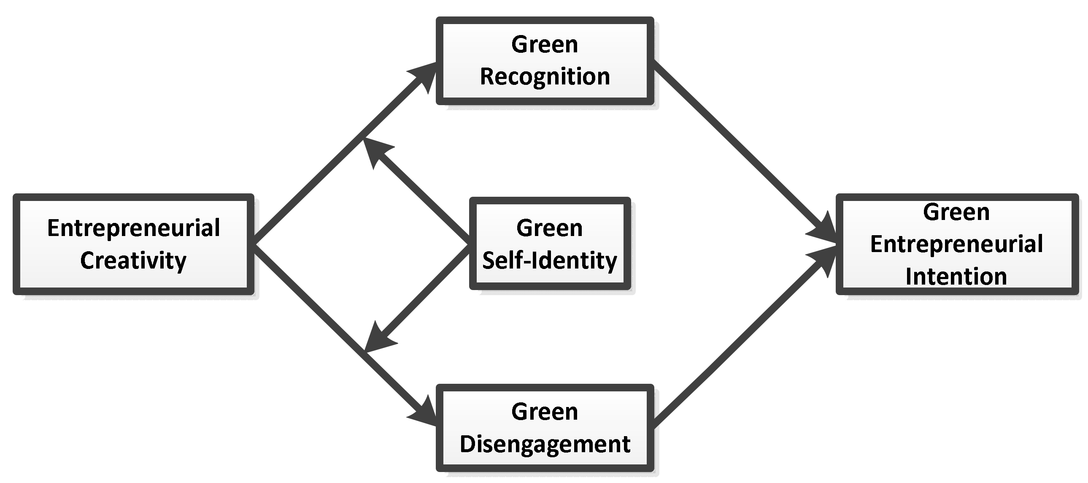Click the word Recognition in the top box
(x=545, y=77)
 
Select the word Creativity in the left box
(x=133, y=260)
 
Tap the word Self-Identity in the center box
(x=550, y=260)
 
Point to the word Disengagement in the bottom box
(x=545, y=444)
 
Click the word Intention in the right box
(x=956, y=277)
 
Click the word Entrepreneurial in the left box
(x=133, y=228)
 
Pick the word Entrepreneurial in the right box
(x=956, y=244)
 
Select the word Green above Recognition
(x=545, y=44)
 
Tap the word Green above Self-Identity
(x=550, y=228)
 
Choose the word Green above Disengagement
(x=545, y=412)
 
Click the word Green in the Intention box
(x=956, y=212)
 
